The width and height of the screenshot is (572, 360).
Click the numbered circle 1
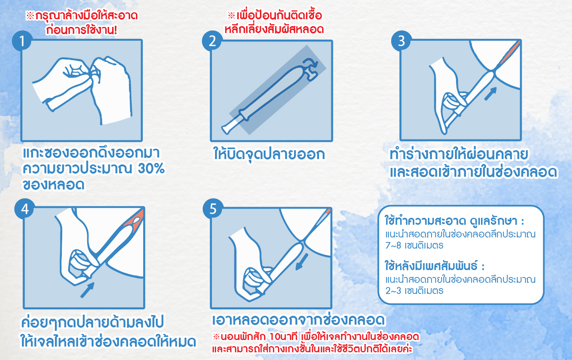[x=22, y=41]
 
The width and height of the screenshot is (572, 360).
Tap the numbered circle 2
[x=212, y=41]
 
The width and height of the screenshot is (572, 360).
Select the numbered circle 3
[x=401, y=41]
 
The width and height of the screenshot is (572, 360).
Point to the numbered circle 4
[x=25, y=209]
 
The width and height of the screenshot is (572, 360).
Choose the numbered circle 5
[x=213, y=209]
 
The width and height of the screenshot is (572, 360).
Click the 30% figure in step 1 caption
[x=151, y=169]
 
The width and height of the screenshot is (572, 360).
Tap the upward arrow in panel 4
[x=87, y=290]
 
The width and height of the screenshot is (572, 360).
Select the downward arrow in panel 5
[x=302, y=262]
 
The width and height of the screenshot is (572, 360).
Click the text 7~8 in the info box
[x=393, y=246]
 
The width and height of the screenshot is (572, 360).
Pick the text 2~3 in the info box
[x=393, y=291]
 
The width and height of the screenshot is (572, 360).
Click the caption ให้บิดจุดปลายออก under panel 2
[x=269, y=154]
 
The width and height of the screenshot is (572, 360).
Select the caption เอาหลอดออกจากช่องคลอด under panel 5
[x=298, y=320]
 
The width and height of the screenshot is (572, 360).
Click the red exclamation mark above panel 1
[x=116, y=30]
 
